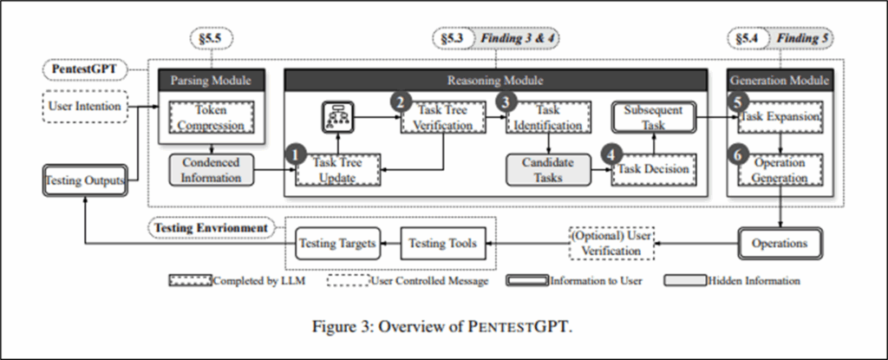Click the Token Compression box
(210, 118)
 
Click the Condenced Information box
(211, 170)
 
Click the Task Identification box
(544, 118)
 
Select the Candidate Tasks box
(544, 170)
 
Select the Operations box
(778, 244)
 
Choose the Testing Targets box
(337, 244)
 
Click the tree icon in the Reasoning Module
(334, 116)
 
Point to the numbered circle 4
(615, 154)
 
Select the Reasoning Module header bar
(495, 80)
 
